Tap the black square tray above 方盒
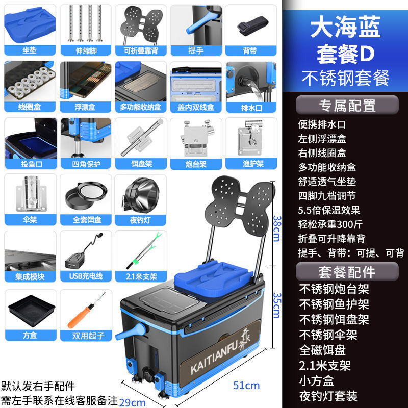[30, 311]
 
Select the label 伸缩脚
[85, 50]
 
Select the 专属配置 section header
[347, 105]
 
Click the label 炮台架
[195, 164]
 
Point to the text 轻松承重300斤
[330, 224]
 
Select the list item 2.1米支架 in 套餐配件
[325, 365]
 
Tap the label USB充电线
[85, 276]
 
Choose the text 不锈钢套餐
[345, 78]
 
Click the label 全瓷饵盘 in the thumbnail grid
[85, 220]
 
